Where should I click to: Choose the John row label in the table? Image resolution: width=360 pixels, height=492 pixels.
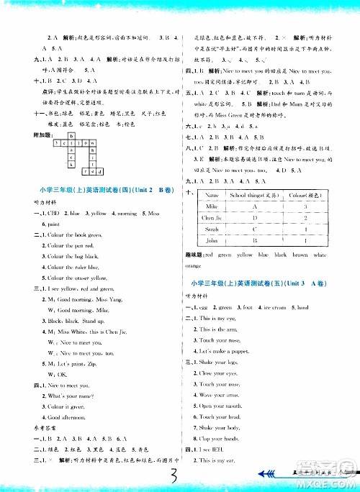211,242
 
